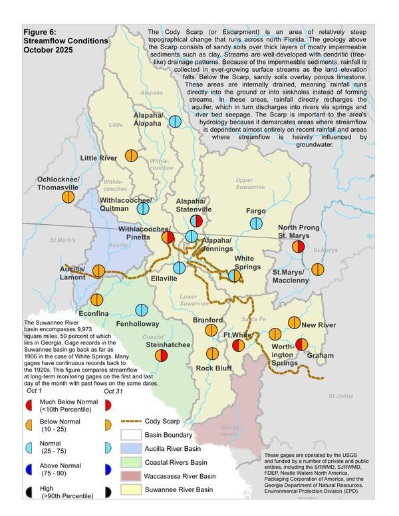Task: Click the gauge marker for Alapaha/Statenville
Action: [196, 220]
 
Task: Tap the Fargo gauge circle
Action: [256, 223]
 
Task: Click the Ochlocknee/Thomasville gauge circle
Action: [68, 196]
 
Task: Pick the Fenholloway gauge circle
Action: [141, 310]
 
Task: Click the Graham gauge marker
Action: [301, 344]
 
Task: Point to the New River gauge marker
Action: [294, 322]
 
